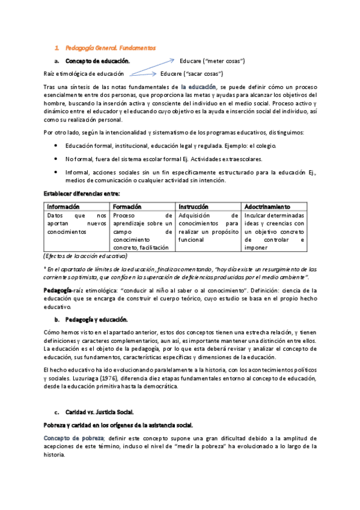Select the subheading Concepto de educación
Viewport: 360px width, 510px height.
[x=97, y=61]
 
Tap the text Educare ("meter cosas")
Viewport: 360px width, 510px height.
[x=212, y=61]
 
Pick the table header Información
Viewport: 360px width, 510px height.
[x=63, y=206]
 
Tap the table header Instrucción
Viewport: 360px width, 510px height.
[x=195, y=206]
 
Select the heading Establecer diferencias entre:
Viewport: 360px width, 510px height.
[x=82, y=194]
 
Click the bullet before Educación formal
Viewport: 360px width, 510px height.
[x=56, y=146]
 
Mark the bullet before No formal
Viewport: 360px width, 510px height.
[x=56, y=159]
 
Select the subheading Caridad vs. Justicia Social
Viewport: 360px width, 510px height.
[x=100, y=413]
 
